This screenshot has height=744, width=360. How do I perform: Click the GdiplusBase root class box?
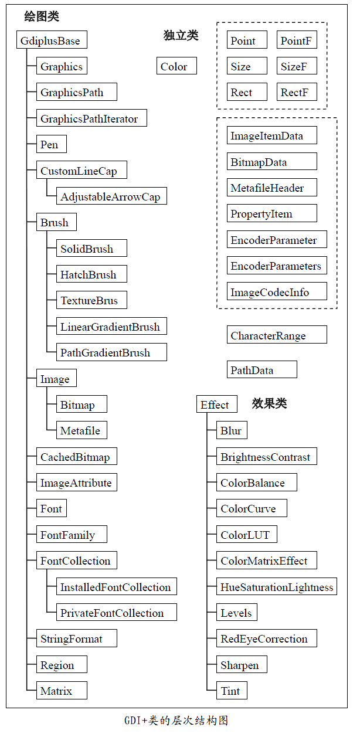(x=52, y=41)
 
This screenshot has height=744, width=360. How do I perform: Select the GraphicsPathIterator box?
(x=91, y=119)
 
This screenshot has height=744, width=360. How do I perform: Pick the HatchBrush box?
(x=91, y=274)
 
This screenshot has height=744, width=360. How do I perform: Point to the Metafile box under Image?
(x=81, y=431)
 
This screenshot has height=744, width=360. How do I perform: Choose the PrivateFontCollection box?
(x=116, y=613)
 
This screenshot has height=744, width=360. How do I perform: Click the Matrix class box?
(x=62, y=691)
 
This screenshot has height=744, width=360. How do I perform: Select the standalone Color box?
(x=176, y=67)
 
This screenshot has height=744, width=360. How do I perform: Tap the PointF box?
(x=297, y=41)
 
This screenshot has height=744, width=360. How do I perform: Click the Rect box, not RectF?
(x=247, y=93)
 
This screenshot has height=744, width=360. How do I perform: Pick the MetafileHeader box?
(x=272, y=188)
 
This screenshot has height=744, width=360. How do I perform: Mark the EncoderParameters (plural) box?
(x=277, y=266)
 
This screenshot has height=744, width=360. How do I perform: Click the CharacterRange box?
(x=277, y=336)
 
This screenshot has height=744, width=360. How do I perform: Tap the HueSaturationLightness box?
(x=277, y=587)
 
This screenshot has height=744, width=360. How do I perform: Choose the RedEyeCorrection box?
(x=267, y=639)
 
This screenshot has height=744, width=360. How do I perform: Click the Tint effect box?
(x=232, y=691)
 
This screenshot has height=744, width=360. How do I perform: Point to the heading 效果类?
(x=270, y=403)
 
